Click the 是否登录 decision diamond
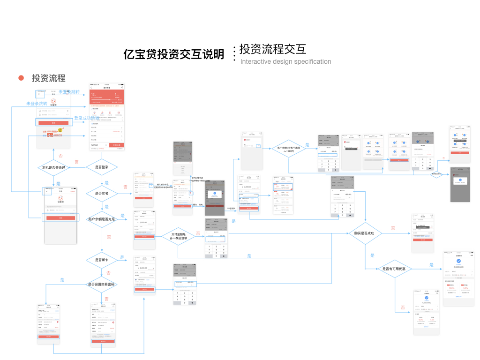click(102, 167)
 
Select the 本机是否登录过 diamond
click(54, 167)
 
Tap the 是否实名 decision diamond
click(102, 193)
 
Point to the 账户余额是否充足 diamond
click(102, 219)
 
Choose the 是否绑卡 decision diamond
click(102, 260)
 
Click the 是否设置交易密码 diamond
click(102, 284)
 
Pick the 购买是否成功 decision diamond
click(364, 233)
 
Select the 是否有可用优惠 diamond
click(397, 269)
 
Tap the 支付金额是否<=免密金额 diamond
click(178, 236)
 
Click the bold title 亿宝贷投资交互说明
click(173, 54)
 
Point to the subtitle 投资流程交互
click(272, 49)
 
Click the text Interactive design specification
click(285, 61)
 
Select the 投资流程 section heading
click(48, 78)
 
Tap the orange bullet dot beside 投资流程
click(21, 78)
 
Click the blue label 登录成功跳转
click(87, 118)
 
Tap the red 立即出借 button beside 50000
click(117, 145)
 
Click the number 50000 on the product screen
click(95, 145)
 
